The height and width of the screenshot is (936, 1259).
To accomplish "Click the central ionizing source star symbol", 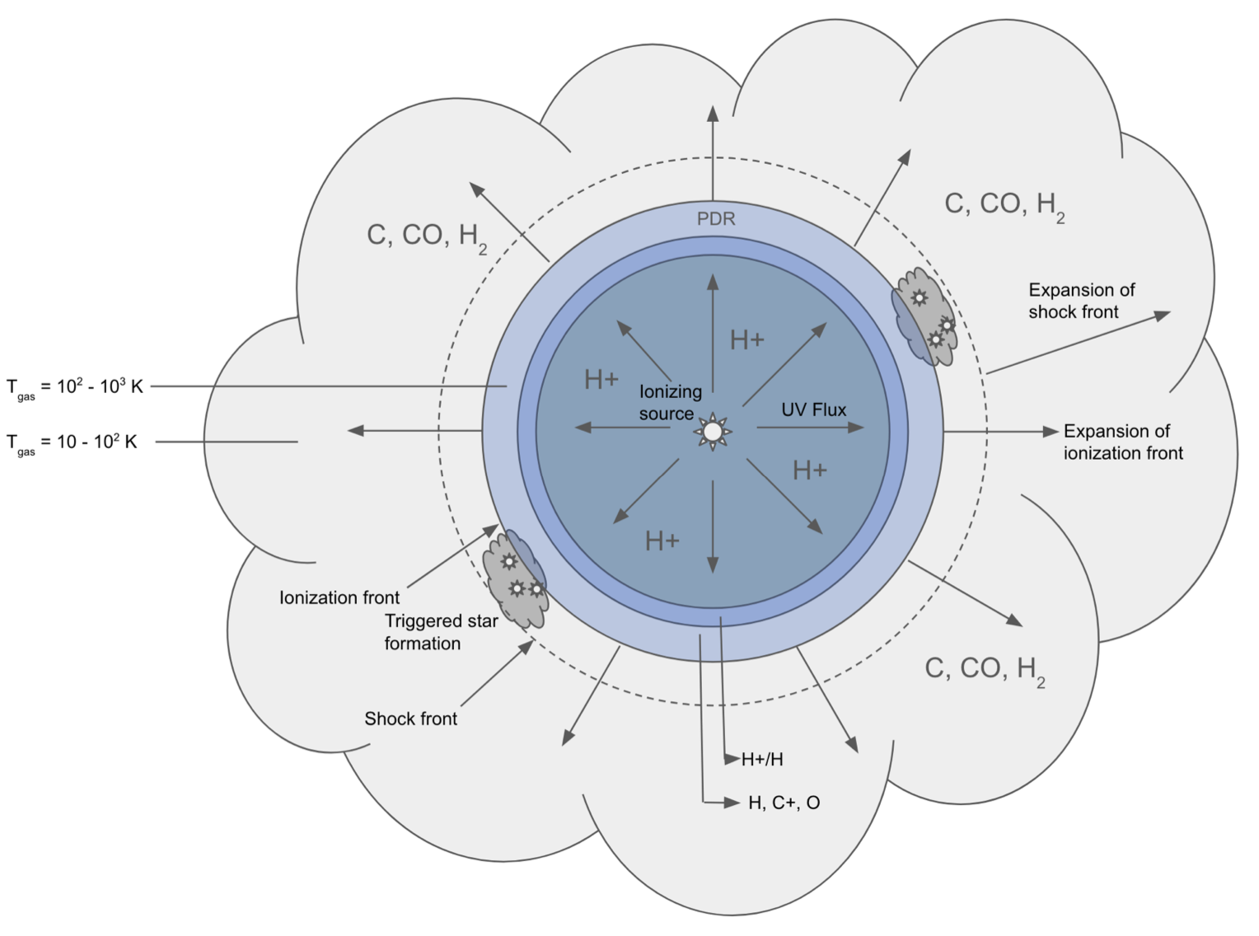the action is point(713,432).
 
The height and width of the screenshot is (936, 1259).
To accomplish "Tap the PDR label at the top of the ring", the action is point(716,219).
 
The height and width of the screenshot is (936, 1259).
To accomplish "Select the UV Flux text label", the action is point(813,409).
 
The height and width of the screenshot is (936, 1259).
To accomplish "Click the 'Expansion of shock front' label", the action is point(1081,301).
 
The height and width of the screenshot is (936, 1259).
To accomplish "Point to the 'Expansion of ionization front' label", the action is point(1123,442).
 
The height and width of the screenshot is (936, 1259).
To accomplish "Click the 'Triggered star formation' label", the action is point(441,632).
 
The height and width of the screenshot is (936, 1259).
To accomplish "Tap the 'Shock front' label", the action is point(410,718).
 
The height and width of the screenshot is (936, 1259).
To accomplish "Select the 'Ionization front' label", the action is point(339,597).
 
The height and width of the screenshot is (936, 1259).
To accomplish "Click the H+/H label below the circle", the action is point(762,760).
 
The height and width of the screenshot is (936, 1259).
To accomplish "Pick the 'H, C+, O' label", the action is point(784,803).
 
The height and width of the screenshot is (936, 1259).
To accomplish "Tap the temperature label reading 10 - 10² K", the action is point(72,442).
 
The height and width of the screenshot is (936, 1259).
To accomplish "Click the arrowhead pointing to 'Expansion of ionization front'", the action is point(1051,432).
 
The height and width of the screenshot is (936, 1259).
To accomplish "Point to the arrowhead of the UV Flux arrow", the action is point(855,428).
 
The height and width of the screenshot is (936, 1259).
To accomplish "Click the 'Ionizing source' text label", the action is point(670,402).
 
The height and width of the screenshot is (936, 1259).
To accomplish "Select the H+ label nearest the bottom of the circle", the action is point(662,541).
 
